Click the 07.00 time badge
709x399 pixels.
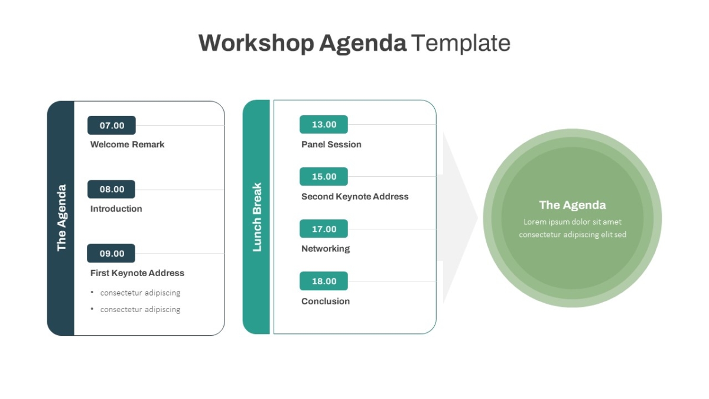click(x=112, y=125)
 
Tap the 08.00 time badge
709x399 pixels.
click(x=111, y=189)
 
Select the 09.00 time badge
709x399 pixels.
click(x=111, y=254)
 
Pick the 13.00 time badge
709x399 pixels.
click(x=324, y=125)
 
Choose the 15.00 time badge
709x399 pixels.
click(x=324, y=176)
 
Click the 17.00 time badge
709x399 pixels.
click(x=324, y=229)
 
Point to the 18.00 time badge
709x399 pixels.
click(x=324, y=281)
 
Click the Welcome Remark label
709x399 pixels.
click(x=127, y=144)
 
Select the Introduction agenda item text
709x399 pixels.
click(x=116, y=209)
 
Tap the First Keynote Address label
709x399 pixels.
click(x=137, y=273)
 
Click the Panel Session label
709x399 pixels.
click(x=331, y=144)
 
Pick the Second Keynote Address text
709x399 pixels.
click(x=355, y=197)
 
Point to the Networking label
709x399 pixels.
click(x=326, y=249)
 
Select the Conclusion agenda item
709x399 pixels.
click(x=326, y=301)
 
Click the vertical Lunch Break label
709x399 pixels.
click(x=257, y=218)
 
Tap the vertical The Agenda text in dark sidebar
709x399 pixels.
click(x=61, y=218)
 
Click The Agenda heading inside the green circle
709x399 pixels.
click(x=573, y=205)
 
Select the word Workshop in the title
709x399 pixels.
click(x=256, y=43)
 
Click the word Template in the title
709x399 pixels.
click(x=461, y=43)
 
